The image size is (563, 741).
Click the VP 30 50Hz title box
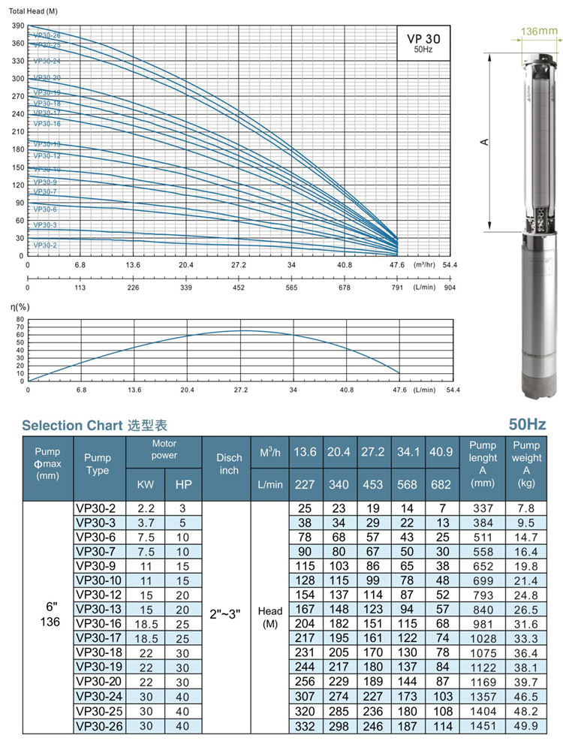click(x=423, y=43)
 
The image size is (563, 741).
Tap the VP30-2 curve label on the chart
click(x=44, y=245)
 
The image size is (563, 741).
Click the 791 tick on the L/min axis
click(x=396, y=287)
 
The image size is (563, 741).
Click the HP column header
click(x=183, y=485)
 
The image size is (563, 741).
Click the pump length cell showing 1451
click(x=483, y=726)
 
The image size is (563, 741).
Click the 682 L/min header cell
click(x=441, y=485)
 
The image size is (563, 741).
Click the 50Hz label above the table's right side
click(x=526, y=425)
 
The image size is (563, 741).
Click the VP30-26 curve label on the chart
click(x=47, y=35)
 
